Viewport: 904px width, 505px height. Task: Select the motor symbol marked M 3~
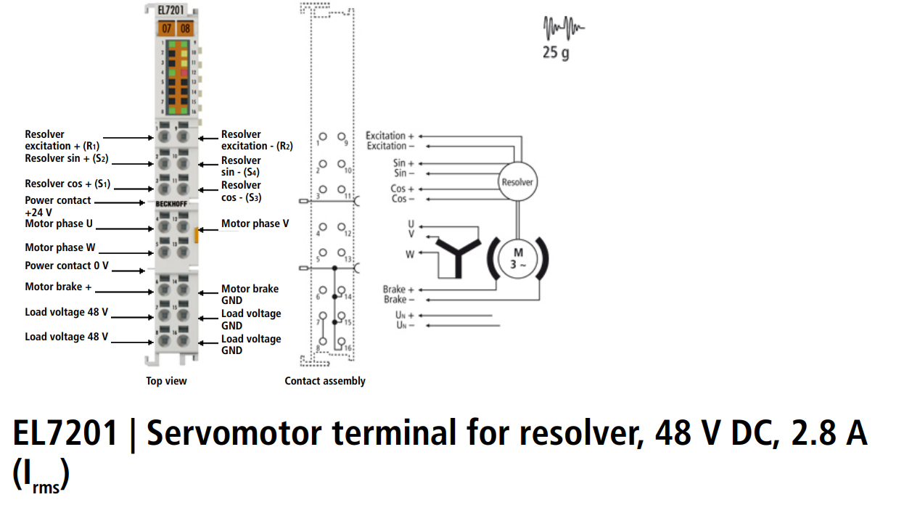pyautogui.click(x=518, y=258)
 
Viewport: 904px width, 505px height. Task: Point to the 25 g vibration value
pyautogui.click(x=556, y=53)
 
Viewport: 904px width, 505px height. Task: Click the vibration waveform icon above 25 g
pyautogui.click(x=563, y=29)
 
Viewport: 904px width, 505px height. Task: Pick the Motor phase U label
pyautogui.click(x=59, y=223)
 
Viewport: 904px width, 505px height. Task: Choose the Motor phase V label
pyautogui.click(x=255, y=223)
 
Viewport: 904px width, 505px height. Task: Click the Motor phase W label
pyautogui.click(x=60, y=247)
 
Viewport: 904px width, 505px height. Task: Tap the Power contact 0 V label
pyautogui.click(x=67, y=266)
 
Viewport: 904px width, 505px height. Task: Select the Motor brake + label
pyautogui.click(x=58, y=287)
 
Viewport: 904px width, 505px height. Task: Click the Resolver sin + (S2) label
pyautogui.click(x=67, y=158)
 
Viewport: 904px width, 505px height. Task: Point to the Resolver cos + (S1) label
pyautogui.click(x=67, y=184)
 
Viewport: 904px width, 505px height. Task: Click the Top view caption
pyautogui.click(x=166, y=381)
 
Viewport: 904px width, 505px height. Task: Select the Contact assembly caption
pyautogui.click(x=324, y=381)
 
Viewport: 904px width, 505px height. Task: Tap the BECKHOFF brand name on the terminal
pyautogui.click(x=172, y=204)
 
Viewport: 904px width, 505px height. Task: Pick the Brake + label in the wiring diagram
pyautogui.click(x=398, y=290)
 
